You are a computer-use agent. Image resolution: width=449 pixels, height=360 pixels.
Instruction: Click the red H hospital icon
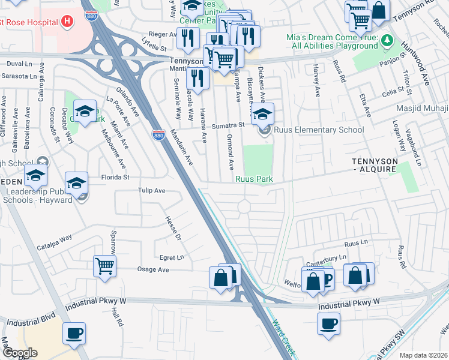(67, 22)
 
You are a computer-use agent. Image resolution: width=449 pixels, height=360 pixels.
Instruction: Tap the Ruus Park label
(254, 179)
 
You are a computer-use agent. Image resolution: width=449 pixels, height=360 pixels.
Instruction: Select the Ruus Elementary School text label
(319, 130)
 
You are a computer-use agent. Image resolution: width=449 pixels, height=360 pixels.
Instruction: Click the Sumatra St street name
(229, 125)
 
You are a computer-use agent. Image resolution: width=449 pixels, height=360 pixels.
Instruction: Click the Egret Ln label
(172, 257)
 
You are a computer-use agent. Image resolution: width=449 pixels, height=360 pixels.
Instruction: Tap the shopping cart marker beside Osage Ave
(104, 265)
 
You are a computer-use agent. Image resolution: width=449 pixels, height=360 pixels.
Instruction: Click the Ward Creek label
(282, 336)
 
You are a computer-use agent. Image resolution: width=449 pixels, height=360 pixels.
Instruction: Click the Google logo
(20, 353)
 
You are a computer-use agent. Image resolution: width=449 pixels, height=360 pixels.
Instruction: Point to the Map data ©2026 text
(423, 355)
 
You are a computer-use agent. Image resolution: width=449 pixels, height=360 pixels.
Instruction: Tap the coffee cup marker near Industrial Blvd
(74, 333)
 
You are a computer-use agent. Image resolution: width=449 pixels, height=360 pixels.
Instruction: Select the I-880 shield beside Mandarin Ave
(158, 136)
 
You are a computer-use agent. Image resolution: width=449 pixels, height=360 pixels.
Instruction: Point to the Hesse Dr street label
(173, 226)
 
